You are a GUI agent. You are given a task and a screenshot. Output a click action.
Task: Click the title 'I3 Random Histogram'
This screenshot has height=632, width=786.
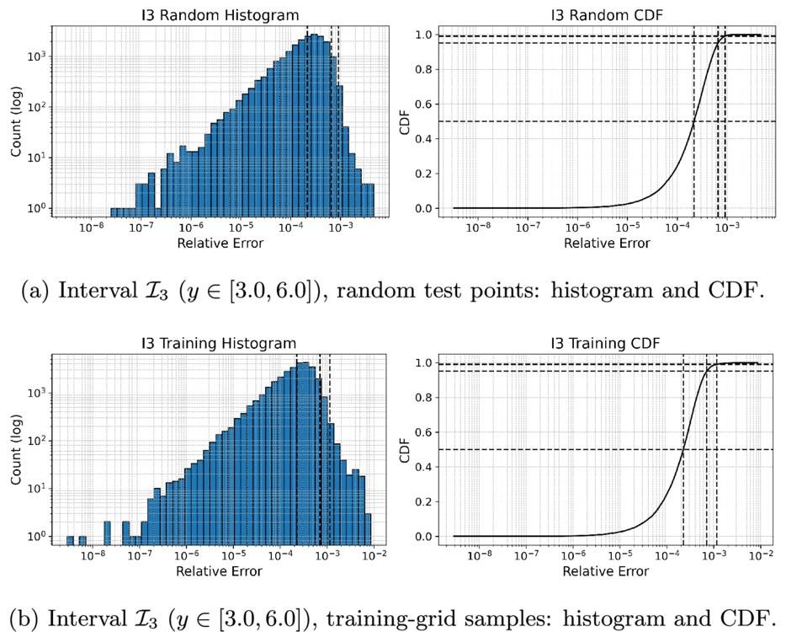point(220,15)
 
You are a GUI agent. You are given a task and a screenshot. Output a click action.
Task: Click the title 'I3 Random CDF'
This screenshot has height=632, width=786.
point(607,15)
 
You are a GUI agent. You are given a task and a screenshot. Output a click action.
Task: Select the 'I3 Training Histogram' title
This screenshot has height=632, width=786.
point(219,343)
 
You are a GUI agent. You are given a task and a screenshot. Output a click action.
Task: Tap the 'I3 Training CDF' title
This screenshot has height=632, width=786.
point(606,343)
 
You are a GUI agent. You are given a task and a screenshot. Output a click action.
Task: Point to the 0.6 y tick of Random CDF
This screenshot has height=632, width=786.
point(423,104)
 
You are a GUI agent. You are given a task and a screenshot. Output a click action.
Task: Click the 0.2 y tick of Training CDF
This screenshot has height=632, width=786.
point(423,501)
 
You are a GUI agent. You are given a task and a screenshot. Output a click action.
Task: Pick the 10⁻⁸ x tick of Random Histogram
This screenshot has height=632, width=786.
point(92,227)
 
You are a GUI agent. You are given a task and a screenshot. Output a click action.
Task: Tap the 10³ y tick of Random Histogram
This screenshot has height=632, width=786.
point(36,56)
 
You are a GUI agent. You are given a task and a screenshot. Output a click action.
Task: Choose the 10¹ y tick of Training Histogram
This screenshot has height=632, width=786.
point(36,489)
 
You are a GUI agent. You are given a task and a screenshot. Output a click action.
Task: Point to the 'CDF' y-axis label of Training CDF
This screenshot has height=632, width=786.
point(405,450)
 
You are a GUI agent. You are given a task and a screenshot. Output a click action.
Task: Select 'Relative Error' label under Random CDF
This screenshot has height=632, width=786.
point(607,244)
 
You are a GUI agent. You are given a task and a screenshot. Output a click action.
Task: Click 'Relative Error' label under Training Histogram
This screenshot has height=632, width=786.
point(219,571)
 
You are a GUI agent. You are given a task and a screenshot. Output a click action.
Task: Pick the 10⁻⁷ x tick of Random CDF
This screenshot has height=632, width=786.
point(528,227)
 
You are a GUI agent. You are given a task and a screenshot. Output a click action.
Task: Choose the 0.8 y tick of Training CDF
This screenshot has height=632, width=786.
point(423,398)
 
